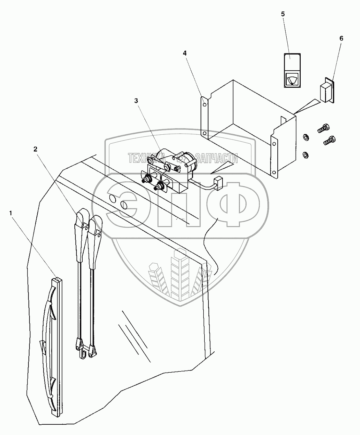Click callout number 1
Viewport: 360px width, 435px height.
11,213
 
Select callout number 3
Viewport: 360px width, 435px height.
136,101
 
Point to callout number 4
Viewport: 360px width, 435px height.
185,53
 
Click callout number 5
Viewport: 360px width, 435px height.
283,14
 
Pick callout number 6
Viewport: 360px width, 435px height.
341,38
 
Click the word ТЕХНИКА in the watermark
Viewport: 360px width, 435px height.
147,158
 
